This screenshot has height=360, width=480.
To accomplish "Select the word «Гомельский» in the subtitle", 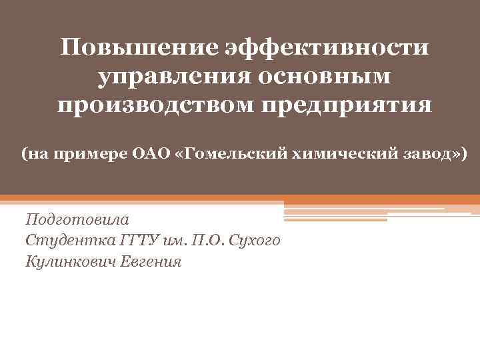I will click(227, 155).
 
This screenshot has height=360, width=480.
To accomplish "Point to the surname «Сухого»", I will click(254, 240).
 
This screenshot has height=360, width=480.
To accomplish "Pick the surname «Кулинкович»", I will click(71, 261).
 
